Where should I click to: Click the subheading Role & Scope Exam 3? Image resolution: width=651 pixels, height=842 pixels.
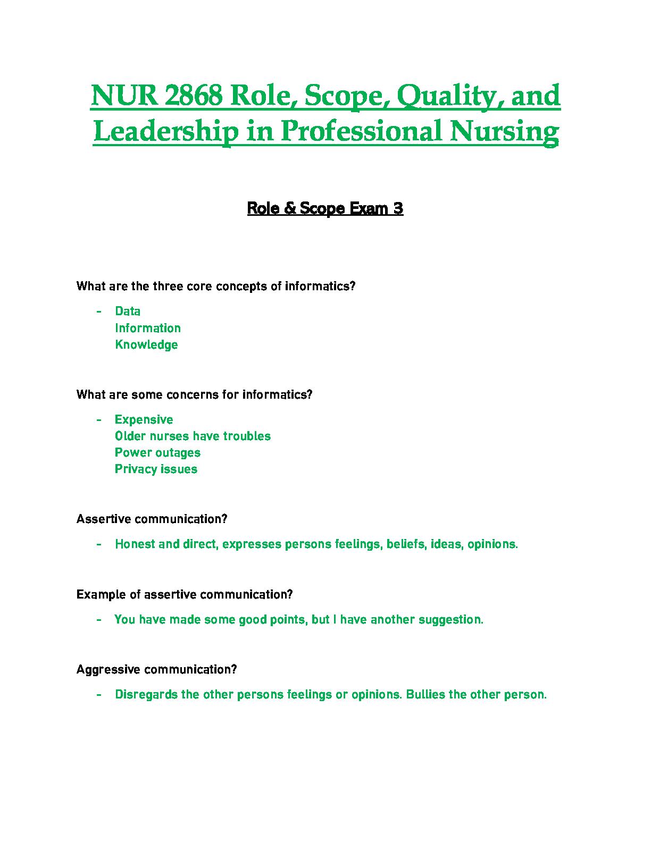point(325,208)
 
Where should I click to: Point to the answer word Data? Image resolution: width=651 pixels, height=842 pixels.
point(128,311)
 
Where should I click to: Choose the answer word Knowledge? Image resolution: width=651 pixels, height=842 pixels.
point(146,344)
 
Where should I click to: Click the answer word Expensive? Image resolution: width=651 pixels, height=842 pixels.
point(144,419)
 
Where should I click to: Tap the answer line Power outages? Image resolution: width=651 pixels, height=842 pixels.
point(157,452)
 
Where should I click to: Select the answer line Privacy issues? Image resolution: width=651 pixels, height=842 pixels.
point(156,469)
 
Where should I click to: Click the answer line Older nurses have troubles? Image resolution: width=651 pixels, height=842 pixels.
point(193,436)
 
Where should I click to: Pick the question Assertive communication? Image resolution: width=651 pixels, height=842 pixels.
point(152,519)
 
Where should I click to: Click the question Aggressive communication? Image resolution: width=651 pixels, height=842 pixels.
point(156,669)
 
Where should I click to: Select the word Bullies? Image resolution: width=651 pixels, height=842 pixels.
point(425,694)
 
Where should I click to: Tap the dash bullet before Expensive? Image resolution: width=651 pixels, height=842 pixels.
point(99,420)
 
